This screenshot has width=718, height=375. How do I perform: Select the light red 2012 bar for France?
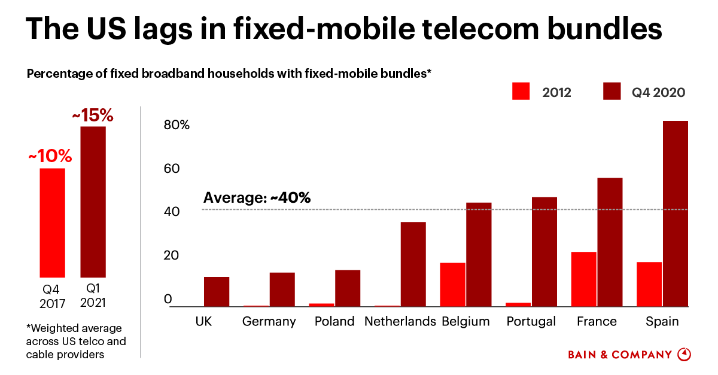click(583, 279)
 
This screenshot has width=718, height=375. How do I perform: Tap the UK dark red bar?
click(216, 291)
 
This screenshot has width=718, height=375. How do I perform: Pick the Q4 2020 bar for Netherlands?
click(413, 264)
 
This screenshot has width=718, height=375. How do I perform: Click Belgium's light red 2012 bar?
click(452, 284)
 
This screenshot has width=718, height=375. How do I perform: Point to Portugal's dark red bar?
click(544, 251)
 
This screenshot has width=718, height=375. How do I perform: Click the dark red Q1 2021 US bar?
click(93, 202)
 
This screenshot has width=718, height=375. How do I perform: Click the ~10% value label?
click(50, 157)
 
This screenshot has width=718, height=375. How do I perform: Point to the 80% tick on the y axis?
click(177, 126)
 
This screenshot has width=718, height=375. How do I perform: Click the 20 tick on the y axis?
click(172, 256)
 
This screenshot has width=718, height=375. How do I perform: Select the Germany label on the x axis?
click(269, 322)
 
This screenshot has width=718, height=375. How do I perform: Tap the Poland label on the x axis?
click(334, 322)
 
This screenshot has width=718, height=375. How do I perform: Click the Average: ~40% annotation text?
click(257, 198)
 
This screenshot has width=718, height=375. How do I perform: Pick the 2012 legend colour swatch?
click(522, 92)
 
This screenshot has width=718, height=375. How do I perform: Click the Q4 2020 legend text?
click(658, 92)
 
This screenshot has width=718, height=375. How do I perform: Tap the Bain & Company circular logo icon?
click(684, 355)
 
